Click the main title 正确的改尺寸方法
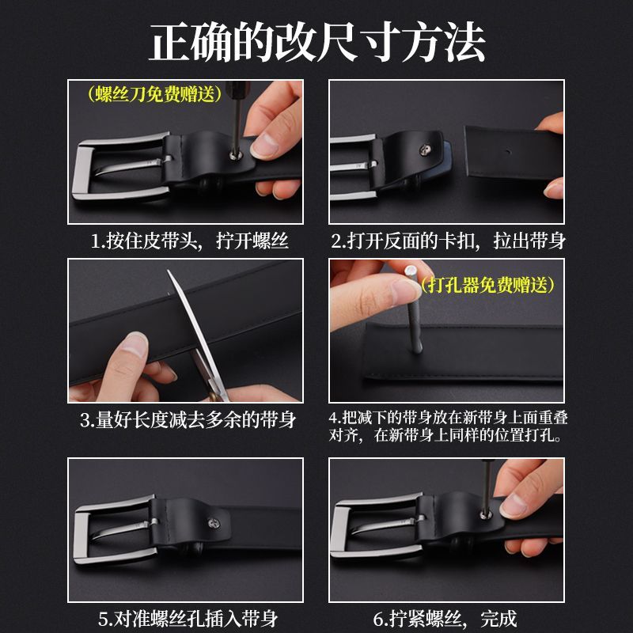point(317,43)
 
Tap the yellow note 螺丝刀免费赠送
point(154,94)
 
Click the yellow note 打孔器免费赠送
point(487,285)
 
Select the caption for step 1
point(189,241)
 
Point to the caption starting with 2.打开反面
point(448,241)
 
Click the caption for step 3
point(188,420)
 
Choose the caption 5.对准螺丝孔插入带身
point(188,619)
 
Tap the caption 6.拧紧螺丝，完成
point(445,619)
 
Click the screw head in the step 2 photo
point(424,150)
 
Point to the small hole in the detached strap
point(509,153)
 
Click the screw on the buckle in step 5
point(214,524)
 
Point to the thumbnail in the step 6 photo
point(513,506)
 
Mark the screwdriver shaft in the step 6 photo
point(487,487)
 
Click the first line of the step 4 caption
point(448,417)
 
